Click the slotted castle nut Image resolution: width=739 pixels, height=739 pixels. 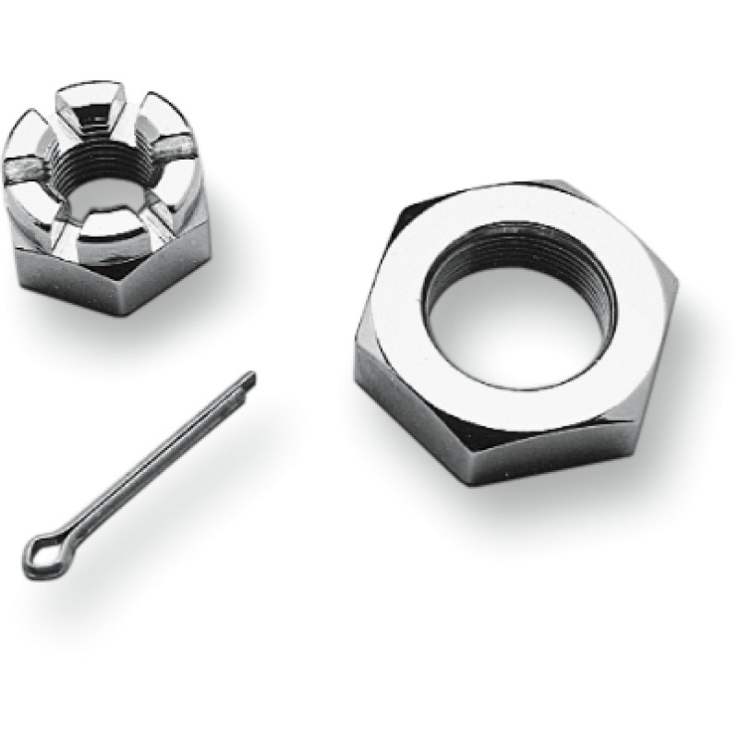click(x=106, y=199)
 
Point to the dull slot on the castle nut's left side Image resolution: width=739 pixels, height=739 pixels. click(x=32, y=171)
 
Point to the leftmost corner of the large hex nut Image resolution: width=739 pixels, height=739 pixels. click(x=357, y=351)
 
